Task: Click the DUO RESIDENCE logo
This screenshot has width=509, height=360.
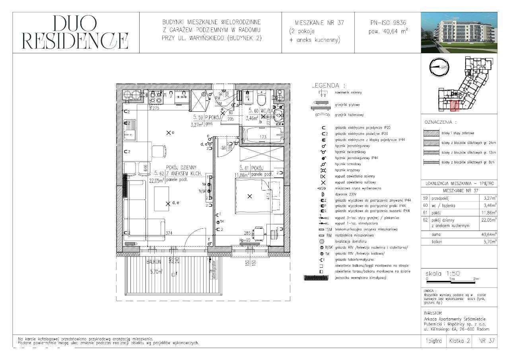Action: pyautogui.click(x=75, y=33)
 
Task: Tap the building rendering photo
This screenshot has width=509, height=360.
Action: pyautogui.click(x=458, y=32)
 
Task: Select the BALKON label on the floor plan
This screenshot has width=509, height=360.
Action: pyautogui.click(x=153, y=262)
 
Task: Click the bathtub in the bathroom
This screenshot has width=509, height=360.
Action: pyautogui.click(x=262, y=136)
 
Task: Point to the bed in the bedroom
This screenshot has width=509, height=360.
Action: pyautogui.click(x=258, y=195)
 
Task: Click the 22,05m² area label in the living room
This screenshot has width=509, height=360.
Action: pyautogui.click(x=157, y=180)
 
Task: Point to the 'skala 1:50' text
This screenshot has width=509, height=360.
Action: pyautogui.click(x=443, y=274)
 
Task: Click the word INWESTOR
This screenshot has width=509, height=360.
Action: pyautogui.click(x=433, y=313)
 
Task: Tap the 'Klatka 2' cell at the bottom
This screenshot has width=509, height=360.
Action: pyautogui.click(x=459, y=341)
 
